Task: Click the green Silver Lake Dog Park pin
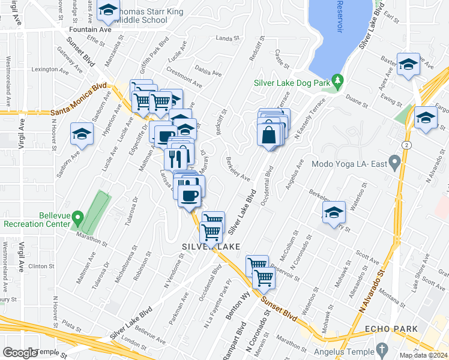337,80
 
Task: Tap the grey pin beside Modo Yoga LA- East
394,161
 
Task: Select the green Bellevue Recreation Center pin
77,217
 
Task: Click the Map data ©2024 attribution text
423,355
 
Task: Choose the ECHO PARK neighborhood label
388,329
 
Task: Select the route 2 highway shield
408,145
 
